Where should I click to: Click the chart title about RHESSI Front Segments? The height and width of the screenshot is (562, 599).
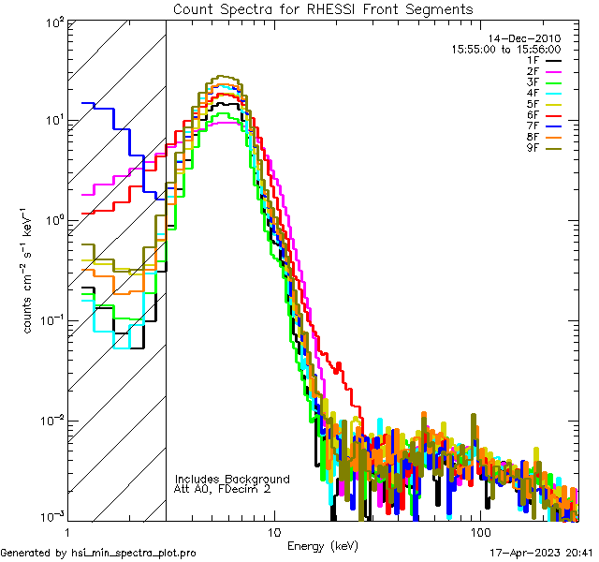pyautogui.click(x=323, y=9)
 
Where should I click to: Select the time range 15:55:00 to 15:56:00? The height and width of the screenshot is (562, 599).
pyautogui.click(x=506, y=49)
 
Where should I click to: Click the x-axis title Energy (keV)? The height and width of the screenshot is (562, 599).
pyautogui.click(x=323, y=545)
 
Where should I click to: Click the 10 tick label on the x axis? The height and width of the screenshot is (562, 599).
pyautogui.click(x=273, y=532)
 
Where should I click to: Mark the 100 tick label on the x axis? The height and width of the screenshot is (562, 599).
pyautogui.click(x=479, y=532)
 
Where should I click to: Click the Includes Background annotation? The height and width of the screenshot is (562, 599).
pyautogui.click(x=232, y=479)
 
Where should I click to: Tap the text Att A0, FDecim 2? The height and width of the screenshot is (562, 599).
pyautogui.click(x=222, y=489)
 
